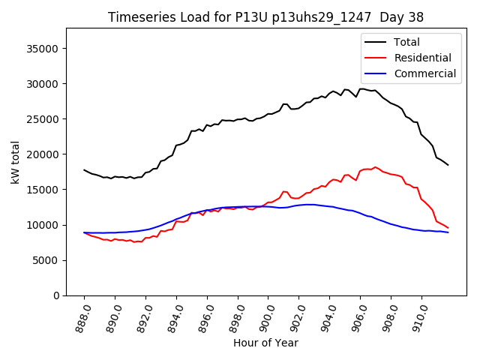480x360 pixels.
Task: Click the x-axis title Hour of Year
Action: [x=265, y=343]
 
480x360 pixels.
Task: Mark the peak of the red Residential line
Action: [x=376, y=167]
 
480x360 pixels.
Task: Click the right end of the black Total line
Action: [x=448, y=165]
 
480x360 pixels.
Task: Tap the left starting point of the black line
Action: [x=84, y=170]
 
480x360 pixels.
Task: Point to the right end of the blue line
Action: [x=448, y=232]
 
